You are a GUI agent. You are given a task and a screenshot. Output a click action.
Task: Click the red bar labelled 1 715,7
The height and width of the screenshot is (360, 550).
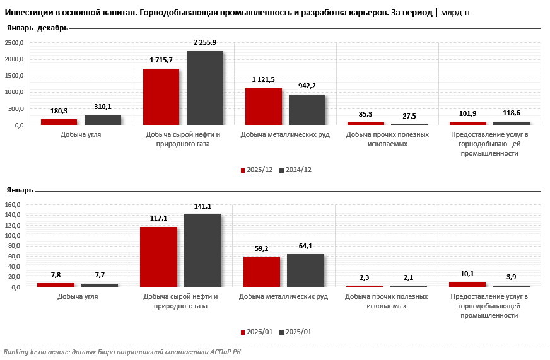pos(161,96)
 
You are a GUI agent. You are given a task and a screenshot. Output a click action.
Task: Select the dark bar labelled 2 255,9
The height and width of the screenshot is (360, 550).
pos(205,88)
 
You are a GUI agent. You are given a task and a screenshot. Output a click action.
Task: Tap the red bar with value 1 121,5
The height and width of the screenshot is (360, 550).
pos(263,107)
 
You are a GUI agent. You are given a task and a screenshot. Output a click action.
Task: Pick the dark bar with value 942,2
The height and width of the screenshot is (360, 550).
pos(307,110)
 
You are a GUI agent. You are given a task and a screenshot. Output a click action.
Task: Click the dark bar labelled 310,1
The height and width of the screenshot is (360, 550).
pos(103,120)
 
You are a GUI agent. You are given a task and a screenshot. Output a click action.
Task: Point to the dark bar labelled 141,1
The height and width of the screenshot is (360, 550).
pos(202,251)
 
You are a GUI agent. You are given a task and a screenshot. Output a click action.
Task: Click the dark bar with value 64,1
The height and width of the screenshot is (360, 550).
pos(305,270)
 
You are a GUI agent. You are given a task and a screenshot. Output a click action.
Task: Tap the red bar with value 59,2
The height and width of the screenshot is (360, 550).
pos(261,272)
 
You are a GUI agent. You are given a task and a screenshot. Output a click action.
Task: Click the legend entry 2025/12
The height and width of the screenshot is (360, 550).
pos(259,170)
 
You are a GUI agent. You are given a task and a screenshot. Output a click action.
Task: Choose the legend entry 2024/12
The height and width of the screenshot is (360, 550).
pos(298,170)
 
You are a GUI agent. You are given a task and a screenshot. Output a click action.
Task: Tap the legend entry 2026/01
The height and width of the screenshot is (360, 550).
pos(259,332)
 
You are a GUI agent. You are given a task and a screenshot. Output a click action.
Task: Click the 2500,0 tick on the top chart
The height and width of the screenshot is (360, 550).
pos(14,43)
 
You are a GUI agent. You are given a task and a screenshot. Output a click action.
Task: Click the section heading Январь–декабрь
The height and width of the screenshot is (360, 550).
pos(37,28)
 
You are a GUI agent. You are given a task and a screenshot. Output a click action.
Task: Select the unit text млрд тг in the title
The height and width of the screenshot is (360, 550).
pos(455,13)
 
